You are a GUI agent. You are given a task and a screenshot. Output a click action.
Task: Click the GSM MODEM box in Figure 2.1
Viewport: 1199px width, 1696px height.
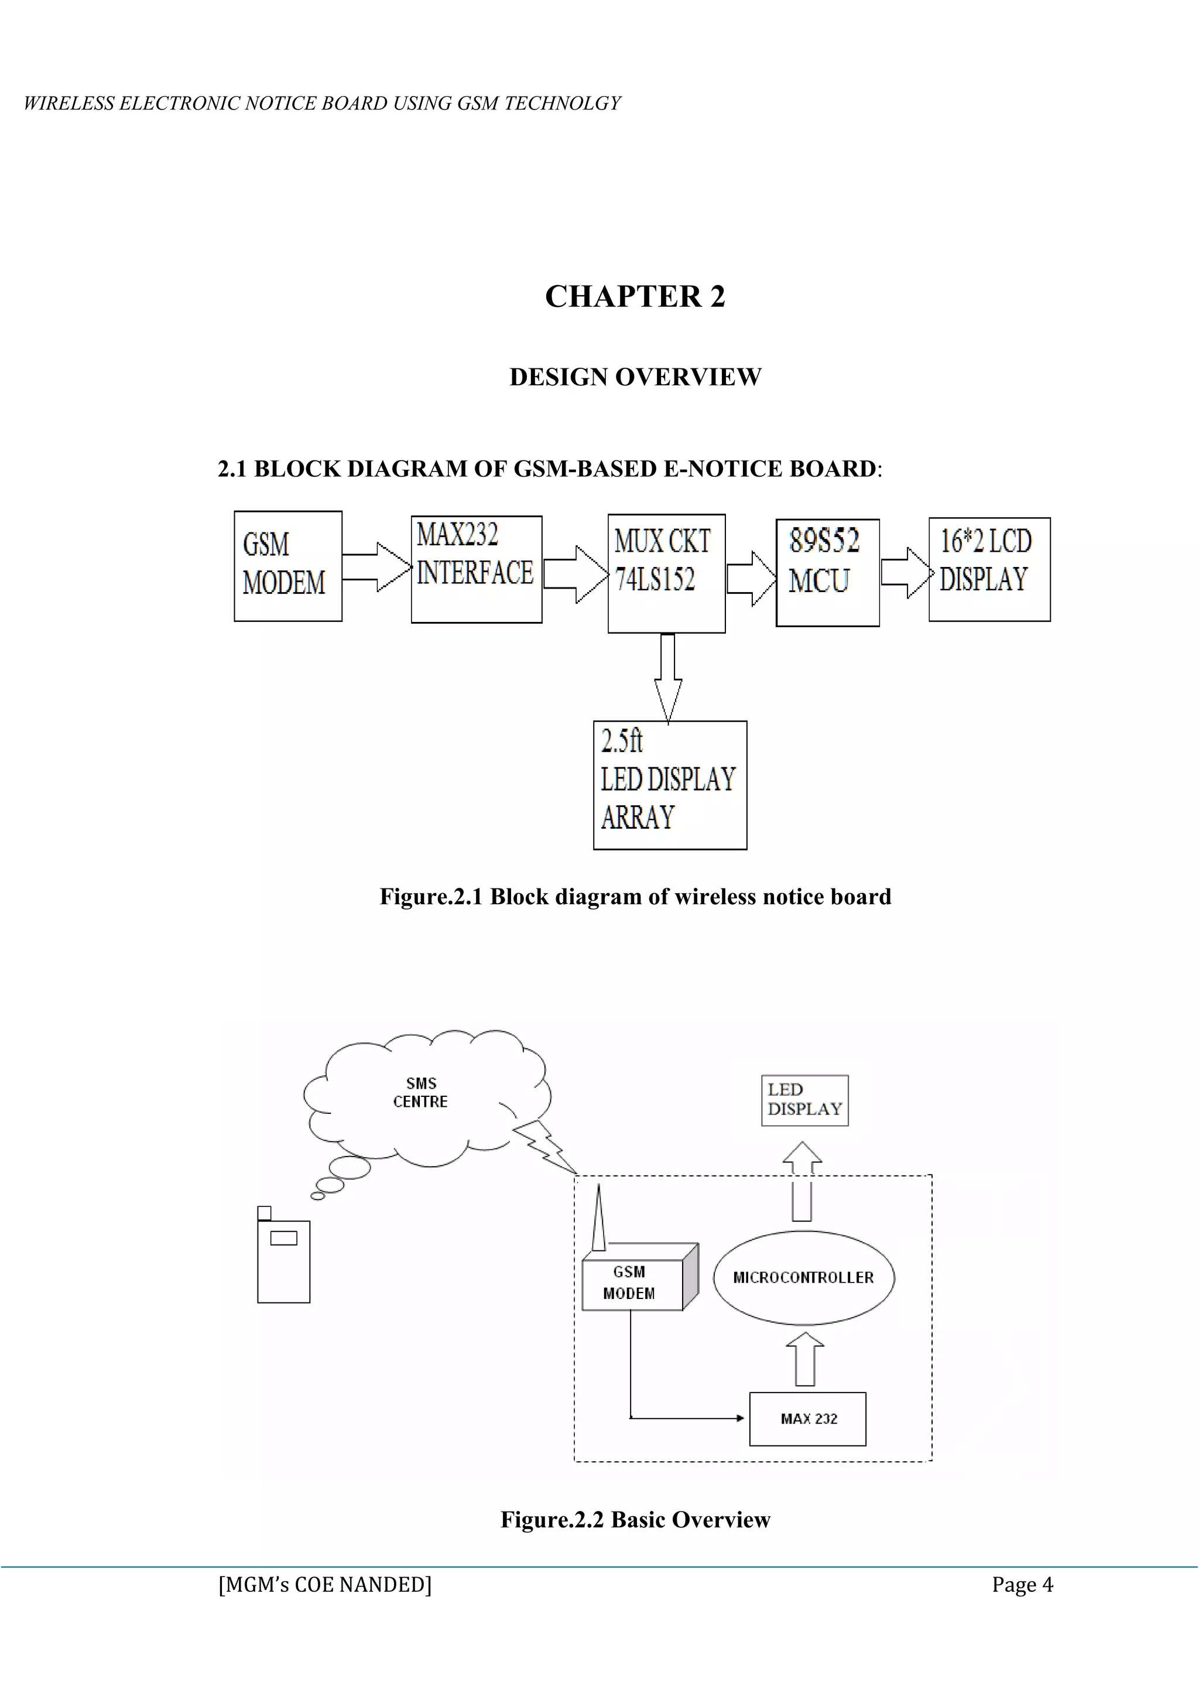pos(287,566)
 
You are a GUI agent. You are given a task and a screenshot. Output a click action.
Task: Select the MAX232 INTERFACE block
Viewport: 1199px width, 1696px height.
pos(476,569)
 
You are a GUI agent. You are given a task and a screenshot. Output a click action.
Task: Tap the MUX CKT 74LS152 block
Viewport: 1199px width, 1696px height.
pos(666,573)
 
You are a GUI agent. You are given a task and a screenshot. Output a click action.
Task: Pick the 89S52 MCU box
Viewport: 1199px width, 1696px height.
pos(827,573)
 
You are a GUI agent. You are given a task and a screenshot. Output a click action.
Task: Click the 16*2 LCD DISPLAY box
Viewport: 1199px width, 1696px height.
pos(989,569)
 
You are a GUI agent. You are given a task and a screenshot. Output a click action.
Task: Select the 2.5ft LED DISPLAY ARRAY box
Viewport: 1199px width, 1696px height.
pos(670,785)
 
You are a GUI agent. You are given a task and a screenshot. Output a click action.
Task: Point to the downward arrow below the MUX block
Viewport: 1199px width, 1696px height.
pos(667,676)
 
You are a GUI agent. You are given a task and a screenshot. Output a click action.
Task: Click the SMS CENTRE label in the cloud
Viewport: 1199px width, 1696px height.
pos(421,1092)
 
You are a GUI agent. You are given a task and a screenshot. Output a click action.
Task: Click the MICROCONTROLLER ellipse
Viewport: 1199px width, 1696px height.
pos(803,1277)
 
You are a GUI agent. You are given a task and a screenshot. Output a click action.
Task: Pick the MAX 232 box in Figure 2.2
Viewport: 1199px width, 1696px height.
pos(808,1418)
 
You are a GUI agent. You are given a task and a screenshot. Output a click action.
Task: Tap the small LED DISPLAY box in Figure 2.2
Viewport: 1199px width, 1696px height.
pos(805,1100)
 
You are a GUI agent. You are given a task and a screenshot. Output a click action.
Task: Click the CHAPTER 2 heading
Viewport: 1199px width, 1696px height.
pos(635,296)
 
